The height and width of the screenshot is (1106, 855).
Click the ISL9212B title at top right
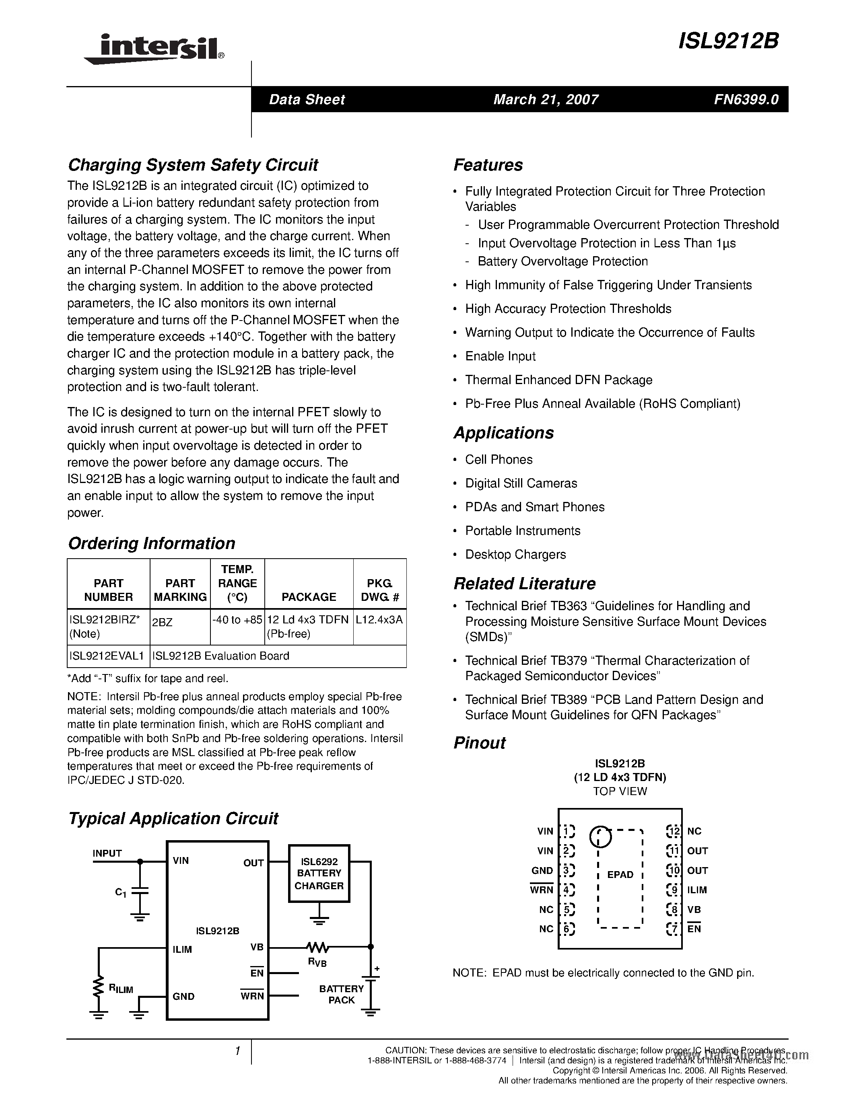click(x=728, y=41)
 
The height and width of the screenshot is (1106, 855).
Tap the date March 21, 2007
click(x=546, y=99)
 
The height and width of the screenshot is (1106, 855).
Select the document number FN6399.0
click(x=746, y=99)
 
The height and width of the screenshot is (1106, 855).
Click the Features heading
click(x=488, y=165)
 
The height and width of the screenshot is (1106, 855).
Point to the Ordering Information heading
click(x=151, y=543)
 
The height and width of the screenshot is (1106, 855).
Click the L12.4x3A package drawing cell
click(x=379, y=619)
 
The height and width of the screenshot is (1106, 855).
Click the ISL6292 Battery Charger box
click(x=319, y=873)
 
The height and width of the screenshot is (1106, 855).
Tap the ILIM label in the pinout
click(x=697, y=890)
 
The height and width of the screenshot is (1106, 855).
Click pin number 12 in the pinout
click(x=673, y=831)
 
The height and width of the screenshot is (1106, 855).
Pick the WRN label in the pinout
click(x=542, y=890)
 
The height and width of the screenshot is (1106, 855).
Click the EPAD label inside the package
click(x=620, y=875)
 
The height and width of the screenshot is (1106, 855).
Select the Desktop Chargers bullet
click(x=515, y=555)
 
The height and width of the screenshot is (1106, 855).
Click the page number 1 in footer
click(x=237, y=1052)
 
